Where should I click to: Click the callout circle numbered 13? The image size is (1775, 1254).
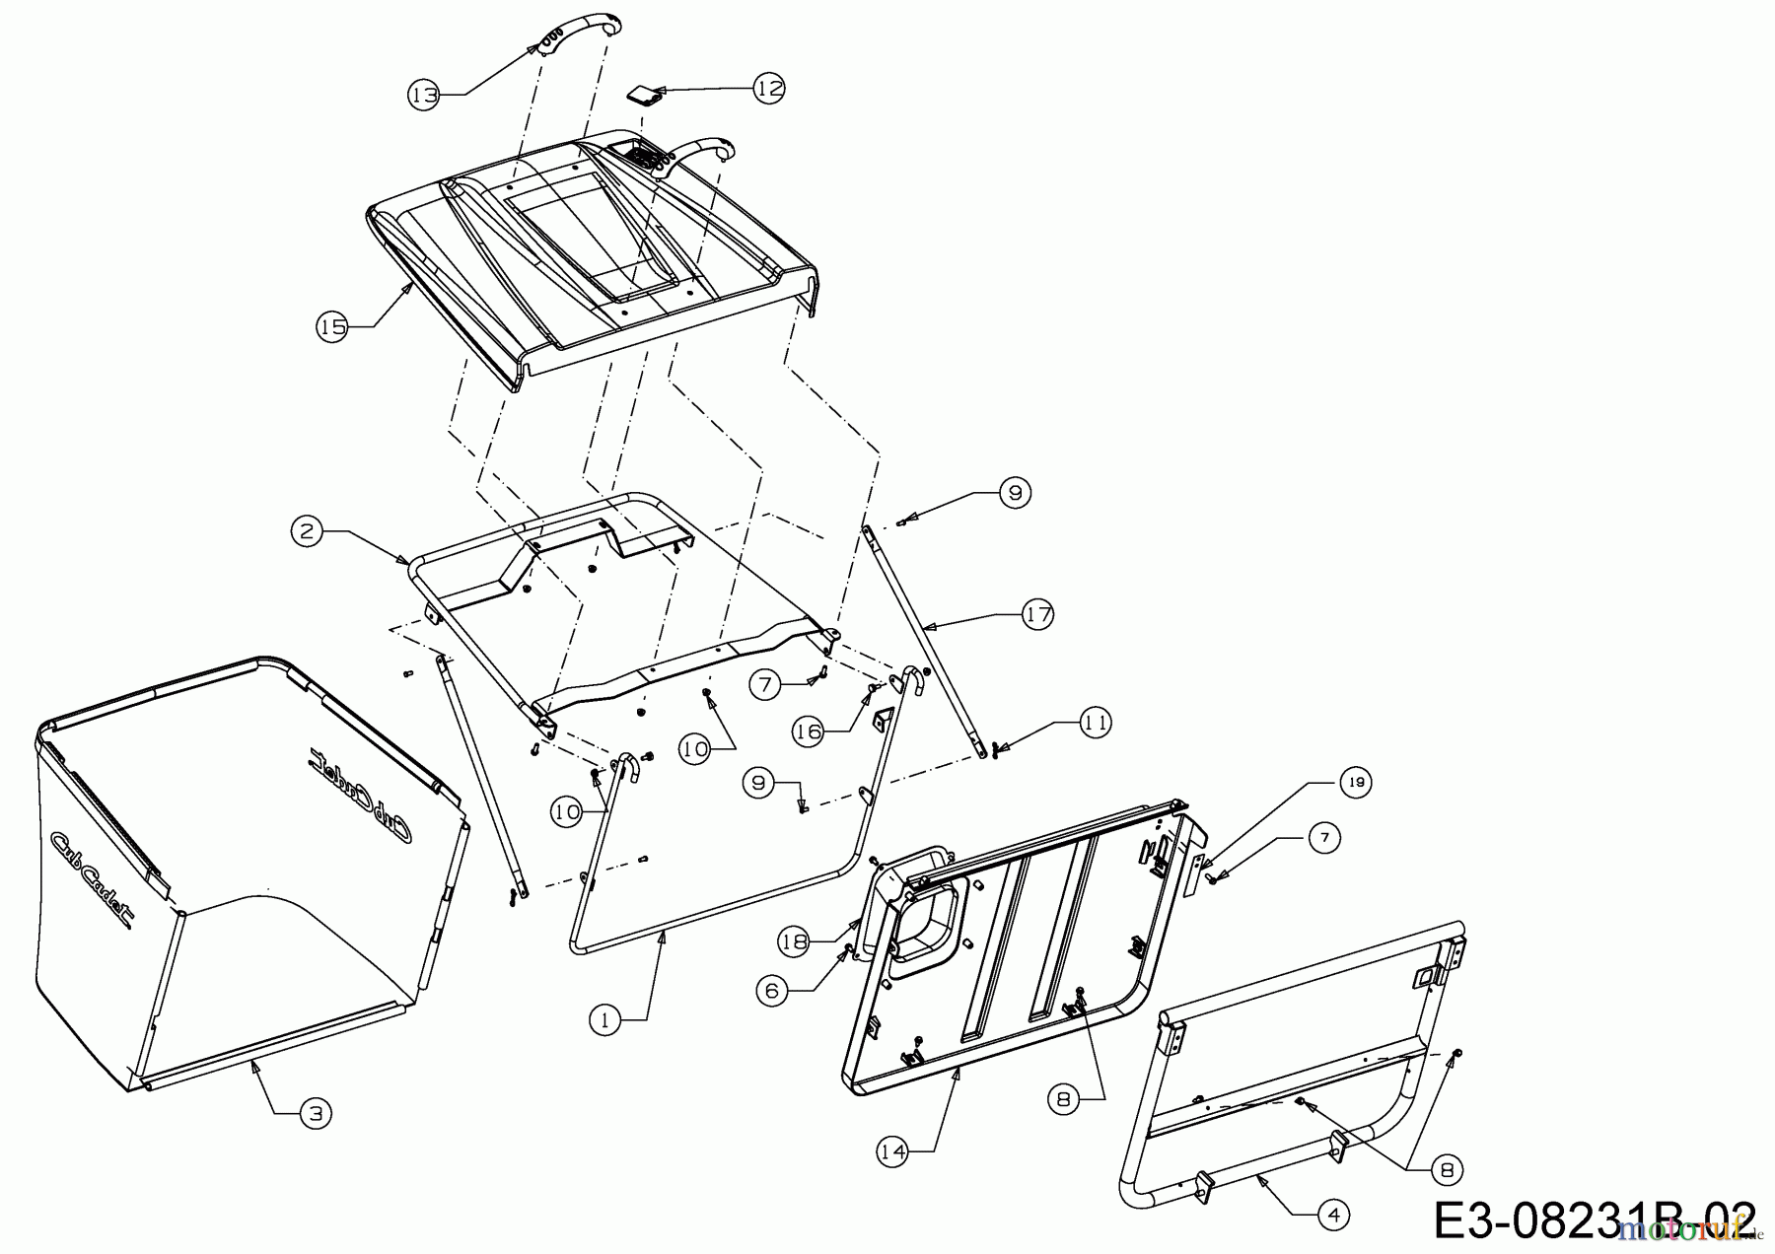point(424,95)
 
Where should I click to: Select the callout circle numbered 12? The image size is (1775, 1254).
point(769,88)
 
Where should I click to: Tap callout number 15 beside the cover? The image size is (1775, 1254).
point(333,326)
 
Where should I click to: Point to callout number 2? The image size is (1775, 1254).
point(308,531)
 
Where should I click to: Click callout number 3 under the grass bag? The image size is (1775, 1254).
point(315,1114)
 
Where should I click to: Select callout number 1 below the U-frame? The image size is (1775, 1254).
point(606,1020)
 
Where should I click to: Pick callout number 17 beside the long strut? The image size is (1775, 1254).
point(1037,614)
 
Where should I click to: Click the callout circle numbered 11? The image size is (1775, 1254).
point(1095,723)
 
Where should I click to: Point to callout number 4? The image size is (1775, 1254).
point(1333,1216)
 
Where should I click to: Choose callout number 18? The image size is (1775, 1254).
point(795,941)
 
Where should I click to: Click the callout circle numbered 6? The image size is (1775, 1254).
point(773,990)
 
